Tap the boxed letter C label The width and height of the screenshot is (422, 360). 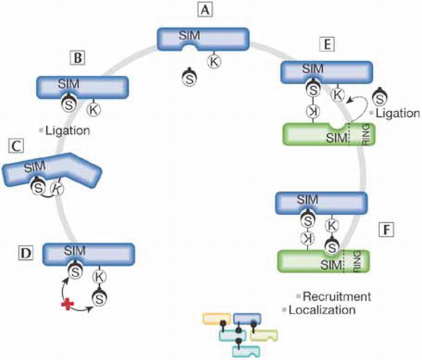pos(14,146)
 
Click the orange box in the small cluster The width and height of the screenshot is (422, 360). pos(217,319)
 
